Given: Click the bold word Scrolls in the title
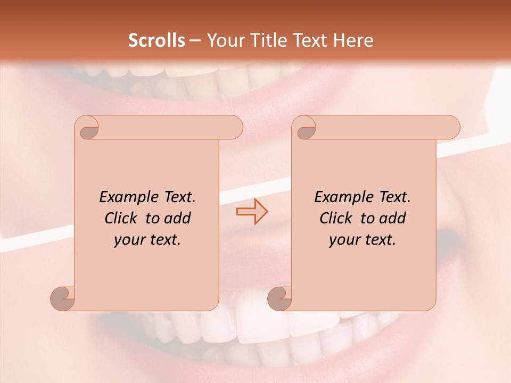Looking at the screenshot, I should (x=156, y=40).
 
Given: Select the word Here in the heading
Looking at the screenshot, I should (x=353, y=40).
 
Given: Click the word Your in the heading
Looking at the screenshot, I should (x=224, y=40).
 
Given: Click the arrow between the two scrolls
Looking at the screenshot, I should (x=252, y=211).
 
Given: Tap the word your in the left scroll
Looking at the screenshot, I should (x=129, y=240).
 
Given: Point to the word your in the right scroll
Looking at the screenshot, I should (x=344, y=240).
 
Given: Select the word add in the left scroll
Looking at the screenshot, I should (x=178, y=218).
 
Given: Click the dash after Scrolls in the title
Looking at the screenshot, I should (x=195, y=40).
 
